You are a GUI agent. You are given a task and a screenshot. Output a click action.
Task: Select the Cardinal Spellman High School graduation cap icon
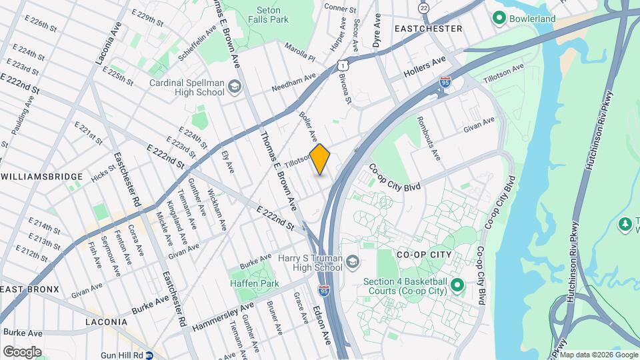coord(235,86)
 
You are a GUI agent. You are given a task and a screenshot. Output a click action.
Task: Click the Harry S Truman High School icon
coord(352,262)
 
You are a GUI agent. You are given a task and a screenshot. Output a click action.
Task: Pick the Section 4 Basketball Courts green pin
coord(457,285)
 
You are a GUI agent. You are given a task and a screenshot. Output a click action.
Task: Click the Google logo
coord(22,351)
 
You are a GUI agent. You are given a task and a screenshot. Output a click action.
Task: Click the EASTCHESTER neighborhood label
coord(428,29)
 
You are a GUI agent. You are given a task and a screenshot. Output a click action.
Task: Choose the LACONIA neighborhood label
coord(106,322)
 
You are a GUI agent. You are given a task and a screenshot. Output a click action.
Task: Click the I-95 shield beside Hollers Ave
coord(445,82)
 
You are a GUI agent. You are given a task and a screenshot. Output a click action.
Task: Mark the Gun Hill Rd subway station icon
coord(150,355)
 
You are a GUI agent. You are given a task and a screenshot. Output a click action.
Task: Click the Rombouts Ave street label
coord(429,138)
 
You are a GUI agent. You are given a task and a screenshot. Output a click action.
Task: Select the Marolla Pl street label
coord(300,53)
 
